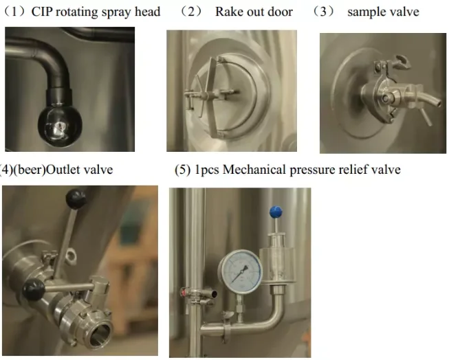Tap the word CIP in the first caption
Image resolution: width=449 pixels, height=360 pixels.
42,12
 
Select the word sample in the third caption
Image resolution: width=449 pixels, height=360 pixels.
364,12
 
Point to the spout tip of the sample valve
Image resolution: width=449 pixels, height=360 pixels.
437,102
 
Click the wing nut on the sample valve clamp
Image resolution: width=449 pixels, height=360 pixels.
400,61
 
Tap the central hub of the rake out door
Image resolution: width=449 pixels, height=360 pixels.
217,93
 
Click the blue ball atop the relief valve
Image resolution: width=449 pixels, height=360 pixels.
276,212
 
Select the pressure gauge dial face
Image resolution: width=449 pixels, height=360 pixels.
240,271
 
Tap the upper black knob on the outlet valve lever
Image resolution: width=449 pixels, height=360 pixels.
76,198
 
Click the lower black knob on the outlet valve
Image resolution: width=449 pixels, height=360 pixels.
34,289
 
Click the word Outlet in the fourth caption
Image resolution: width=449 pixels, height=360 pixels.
63,170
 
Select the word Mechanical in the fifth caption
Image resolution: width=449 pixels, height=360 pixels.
254,170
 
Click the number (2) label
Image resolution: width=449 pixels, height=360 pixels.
191,12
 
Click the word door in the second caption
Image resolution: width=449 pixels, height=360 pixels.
281,12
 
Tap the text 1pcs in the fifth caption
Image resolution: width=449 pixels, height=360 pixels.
207,170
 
